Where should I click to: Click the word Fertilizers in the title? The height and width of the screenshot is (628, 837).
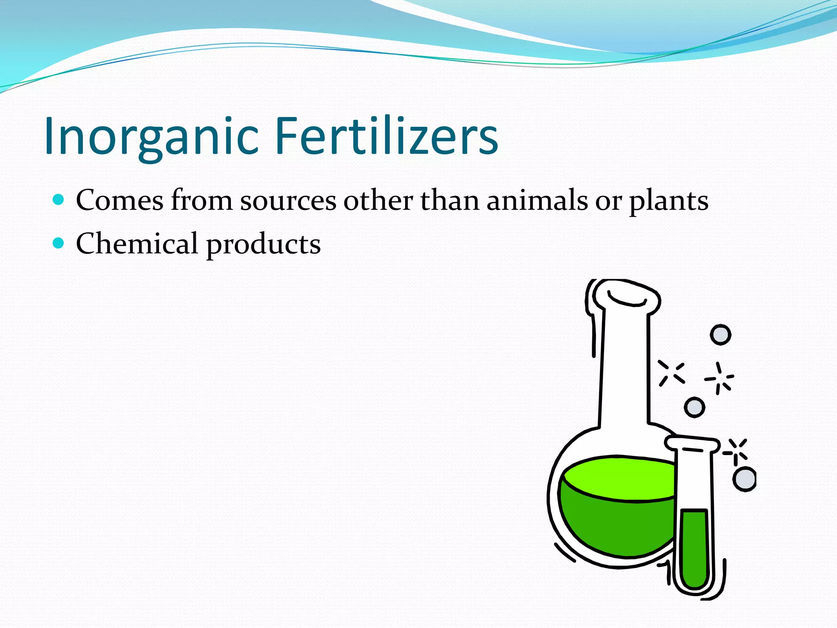coord(387,136)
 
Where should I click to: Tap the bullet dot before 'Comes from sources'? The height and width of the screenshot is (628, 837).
coord(59,200)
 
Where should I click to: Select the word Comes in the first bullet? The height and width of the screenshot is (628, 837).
coord(120,201)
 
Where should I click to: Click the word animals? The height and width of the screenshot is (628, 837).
coord(537,201)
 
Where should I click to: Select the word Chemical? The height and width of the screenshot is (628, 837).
coord(137,244)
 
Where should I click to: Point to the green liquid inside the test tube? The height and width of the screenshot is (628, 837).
coord(694,548)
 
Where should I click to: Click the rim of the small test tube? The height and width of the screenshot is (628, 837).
coord(692,443)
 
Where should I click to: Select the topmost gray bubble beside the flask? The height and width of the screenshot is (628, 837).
coord(721,335)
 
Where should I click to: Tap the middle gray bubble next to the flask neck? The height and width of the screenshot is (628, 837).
coord(694,407)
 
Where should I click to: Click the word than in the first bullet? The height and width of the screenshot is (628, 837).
coord(450,201)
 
